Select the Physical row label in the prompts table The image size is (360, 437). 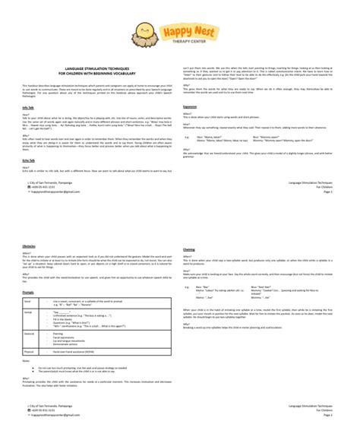point(31,351)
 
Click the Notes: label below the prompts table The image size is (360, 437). point(27,361)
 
